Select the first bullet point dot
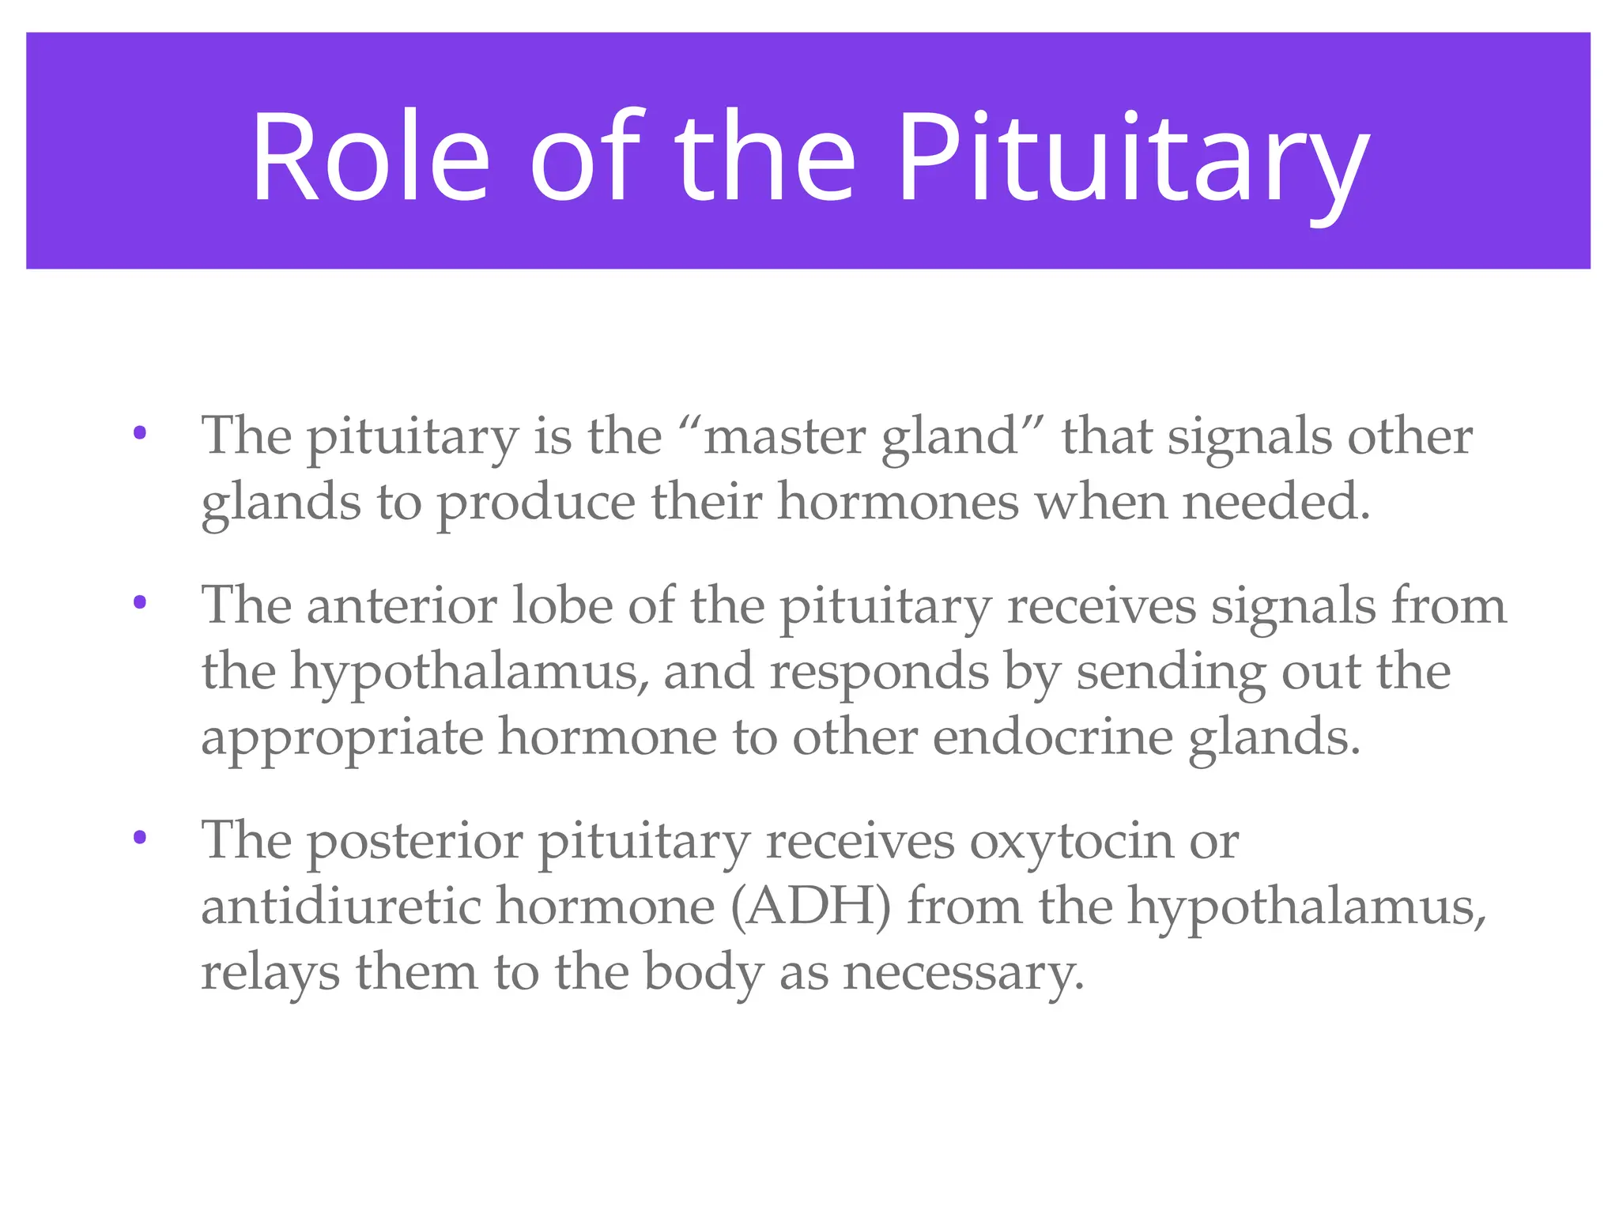point(140,432)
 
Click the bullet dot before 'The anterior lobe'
point(140,602)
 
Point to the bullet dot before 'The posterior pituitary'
point(140,837)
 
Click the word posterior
point(414,841)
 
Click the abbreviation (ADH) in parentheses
point(810,907)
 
